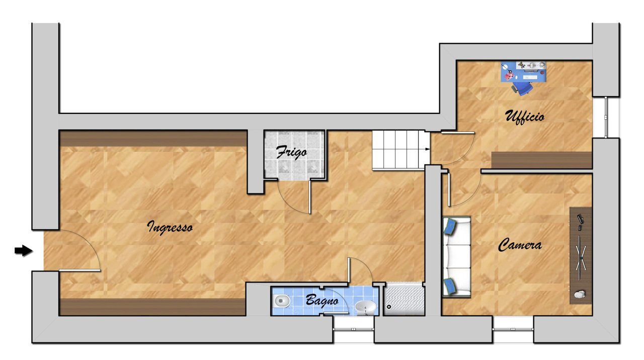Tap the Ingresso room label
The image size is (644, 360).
(170, 227)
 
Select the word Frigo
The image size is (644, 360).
(291, 153)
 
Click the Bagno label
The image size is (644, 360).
(322, 301)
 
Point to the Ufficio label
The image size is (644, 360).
(524, 117)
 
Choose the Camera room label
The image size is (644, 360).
(520, 245)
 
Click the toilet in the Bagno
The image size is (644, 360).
(282, 302)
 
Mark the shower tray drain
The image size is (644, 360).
(389, 306)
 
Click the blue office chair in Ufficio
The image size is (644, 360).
(523, 89)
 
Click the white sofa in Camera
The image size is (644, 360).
(456, 257)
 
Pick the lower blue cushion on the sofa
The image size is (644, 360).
(450, 286)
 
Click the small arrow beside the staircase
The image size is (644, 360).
(426, 149)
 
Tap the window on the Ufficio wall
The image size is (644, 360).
(606, 117)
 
